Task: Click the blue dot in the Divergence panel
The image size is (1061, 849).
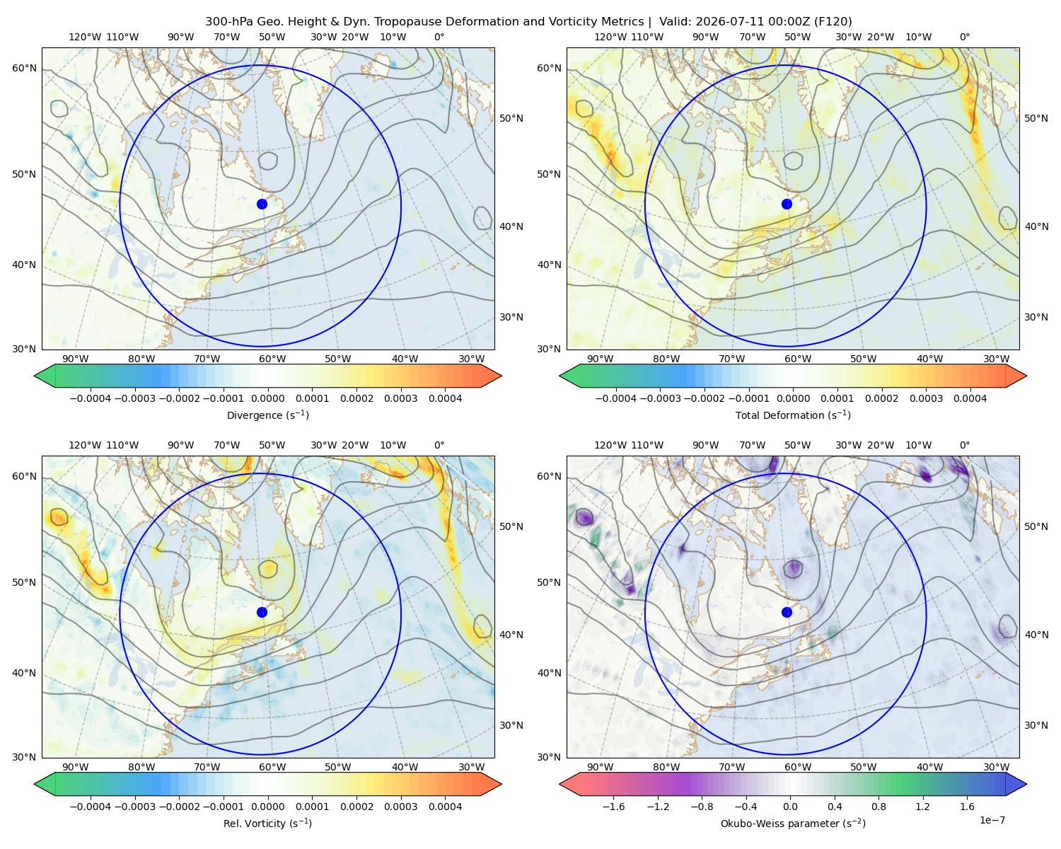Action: click(262, 204)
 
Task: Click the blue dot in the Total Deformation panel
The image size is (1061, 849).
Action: click(787, 204)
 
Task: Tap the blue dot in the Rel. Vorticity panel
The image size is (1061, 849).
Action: click(262, 612)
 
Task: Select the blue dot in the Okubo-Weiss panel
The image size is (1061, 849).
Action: click(787, 612)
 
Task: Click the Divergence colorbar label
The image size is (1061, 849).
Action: click(267, 415)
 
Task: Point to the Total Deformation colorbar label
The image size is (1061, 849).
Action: click(793, 415)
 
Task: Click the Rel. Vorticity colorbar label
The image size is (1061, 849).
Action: click(267, 823)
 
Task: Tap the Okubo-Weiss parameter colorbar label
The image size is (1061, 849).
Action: click(793, 823)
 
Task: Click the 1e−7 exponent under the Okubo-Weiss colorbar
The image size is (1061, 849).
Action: click(992, 820)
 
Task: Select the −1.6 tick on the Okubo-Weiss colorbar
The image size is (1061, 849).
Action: click(613, 806)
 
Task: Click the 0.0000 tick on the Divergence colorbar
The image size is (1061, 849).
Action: click(267, 398)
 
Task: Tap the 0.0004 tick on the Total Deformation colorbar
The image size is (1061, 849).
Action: click(970, 398)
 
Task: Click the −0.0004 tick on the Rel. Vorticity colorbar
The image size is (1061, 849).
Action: click(91, 806)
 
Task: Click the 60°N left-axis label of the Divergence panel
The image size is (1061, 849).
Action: click(24, 68)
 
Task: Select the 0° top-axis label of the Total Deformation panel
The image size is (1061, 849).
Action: click(964, 37)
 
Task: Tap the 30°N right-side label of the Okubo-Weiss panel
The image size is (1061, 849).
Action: click(1036, 724)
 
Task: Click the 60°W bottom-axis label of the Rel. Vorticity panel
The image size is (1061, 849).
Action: click(272, 767)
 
